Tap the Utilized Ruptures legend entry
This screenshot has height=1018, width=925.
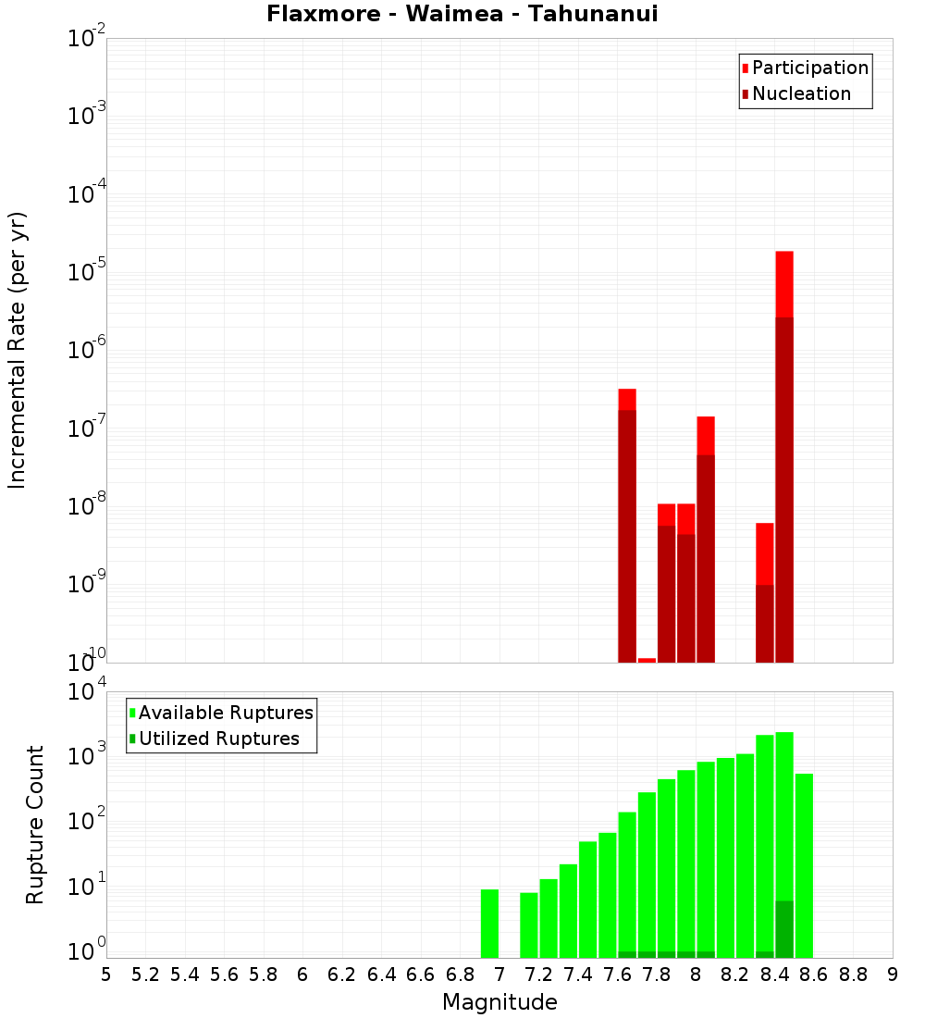[x=218, y=739]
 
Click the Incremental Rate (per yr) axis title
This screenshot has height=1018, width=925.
[x=18, y=351]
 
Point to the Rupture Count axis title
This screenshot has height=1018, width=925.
[x=35, y=825]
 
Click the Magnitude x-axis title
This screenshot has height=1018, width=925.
[x=499, y=1002]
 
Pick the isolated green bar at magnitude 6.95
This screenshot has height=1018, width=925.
[x=489, y=923]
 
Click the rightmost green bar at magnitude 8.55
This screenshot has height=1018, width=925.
[x=804, y=865]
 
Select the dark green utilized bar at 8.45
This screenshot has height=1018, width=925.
[x=784, y=929]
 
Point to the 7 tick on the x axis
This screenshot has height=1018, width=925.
[x=499, y=975]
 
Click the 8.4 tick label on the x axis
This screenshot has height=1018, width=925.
[x=774, y=975]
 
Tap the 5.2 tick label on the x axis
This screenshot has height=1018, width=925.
[x=145, y=975]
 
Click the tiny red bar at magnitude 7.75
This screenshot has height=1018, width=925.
[x=647, y=660]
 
